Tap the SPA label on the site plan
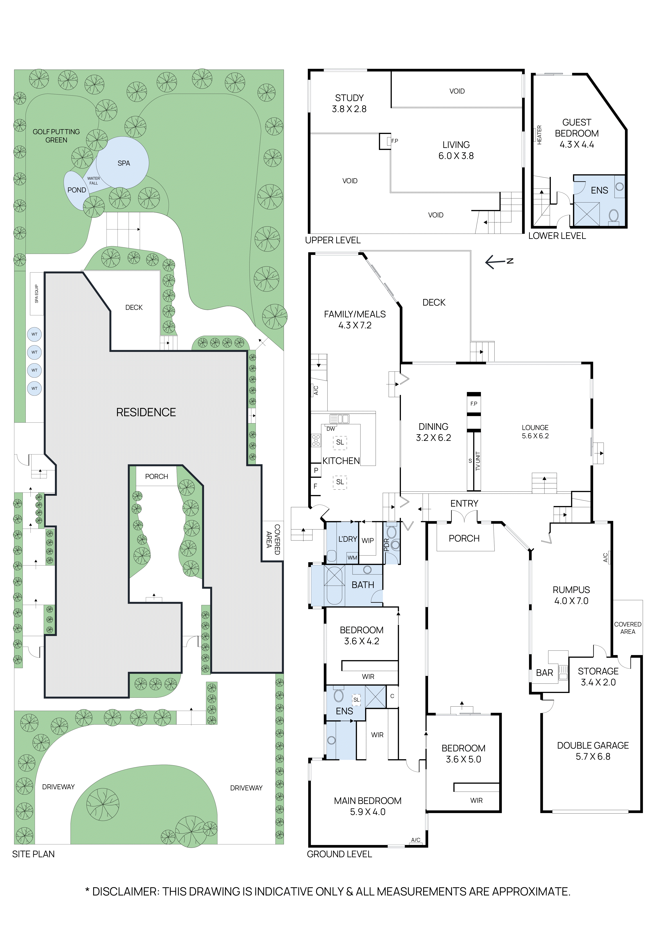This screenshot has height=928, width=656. (x=124, y=163)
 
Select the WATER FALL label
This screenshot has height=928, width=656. (x=93, y=181)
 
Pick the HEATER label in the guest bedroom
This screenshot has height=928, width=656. (x=539, y=135)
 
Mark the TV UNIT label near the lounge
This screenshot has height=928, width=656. (x=477, y=461)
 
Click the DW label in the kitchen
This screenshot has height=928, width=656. (x=330, y=429)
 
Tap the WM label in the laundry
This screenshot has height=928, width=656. (x=352, y=558)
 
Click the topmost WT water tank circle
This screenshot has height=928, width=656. (x=34, y=334)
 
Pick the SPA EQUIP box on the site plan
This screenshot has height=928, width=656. (x=36, y=294)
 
